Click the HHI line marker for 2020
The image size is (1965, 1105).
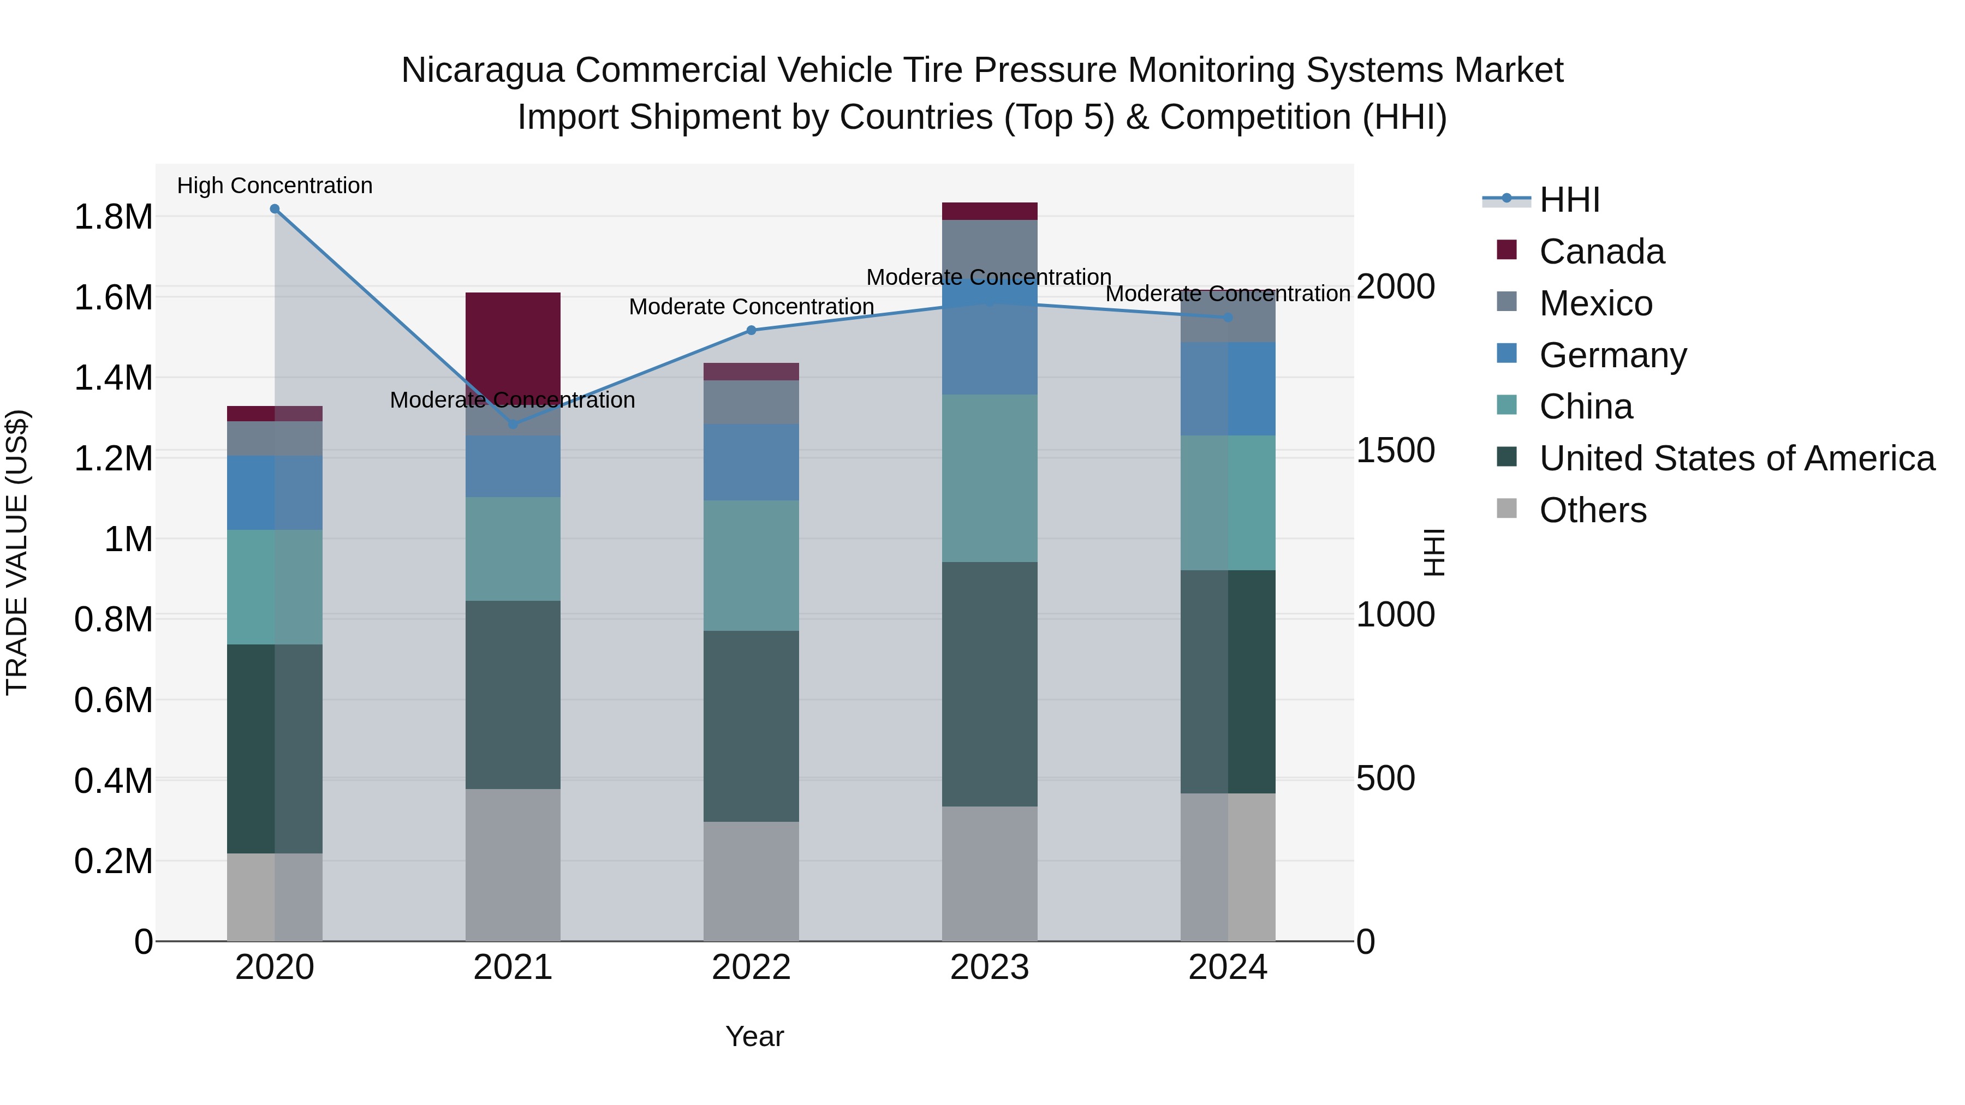click(x=275, y=209)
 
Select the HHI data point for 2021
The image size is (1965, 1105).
click(x=513, y=424)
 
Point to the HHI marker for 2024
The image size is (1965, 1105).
click(x=1228, y=317)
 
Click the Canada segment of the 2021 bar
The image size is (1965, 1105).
click(x=513, y=336)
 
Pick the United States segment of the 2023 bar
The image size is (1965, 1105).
click(x=990, y=684)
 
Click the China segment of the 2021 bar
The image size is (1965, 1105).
click(x=513, y=549)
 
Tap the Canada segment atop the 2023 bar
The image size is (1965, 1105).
click(x=990, y=211)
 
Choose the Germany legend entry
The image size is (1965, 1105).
click(x=1612, y=355)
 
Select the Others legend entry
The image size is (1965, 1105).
click(x=1592, y=510)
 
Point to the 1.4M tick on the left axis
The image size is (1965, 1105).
click(x=113, y=378)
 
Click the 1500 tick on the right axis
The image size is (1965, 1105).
click(x=1395, y=450)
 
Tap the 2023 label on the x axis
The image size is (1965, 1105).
click(x=990, y=967)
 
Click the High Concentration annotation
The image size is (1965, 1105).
click(x=275, y=186)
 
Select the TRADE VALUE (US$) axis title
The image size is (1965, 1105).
click(x=17, y=552)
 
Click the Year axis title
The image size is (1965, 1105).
click(x=754, y=1036)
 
